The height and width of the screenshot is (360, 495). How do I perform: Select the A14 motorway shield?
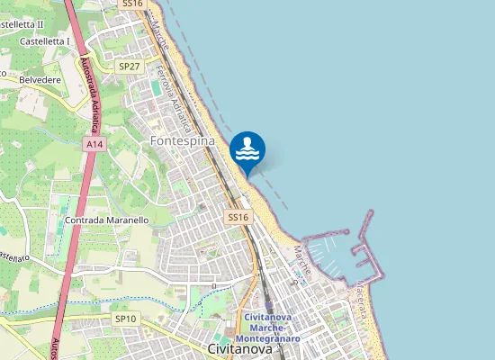click(x=93, y=144)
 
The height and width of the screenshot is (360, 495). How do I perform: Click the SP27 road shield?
click(x=130, y=67)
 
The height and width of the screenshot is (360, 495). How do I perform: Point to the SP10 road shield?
click(x=125, y=319)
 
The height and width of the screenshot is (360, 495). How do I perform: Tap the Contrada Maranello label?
click(x=106, y=220)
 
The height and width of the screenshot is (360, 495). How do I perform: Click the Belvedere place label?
click(x=39, y=79)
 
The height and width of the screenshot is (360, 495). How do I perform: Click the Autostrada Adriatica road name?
click(x=92, y=86)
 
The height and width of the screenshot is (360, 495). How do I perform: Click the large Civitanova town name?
click(x=239, y=349)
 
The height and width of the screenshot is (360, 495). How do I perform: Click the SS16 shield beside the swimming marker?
click(x=237, y=217)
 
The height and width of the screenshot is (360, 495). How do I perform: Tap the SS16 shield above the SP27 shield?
click(x=132, y=4)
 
